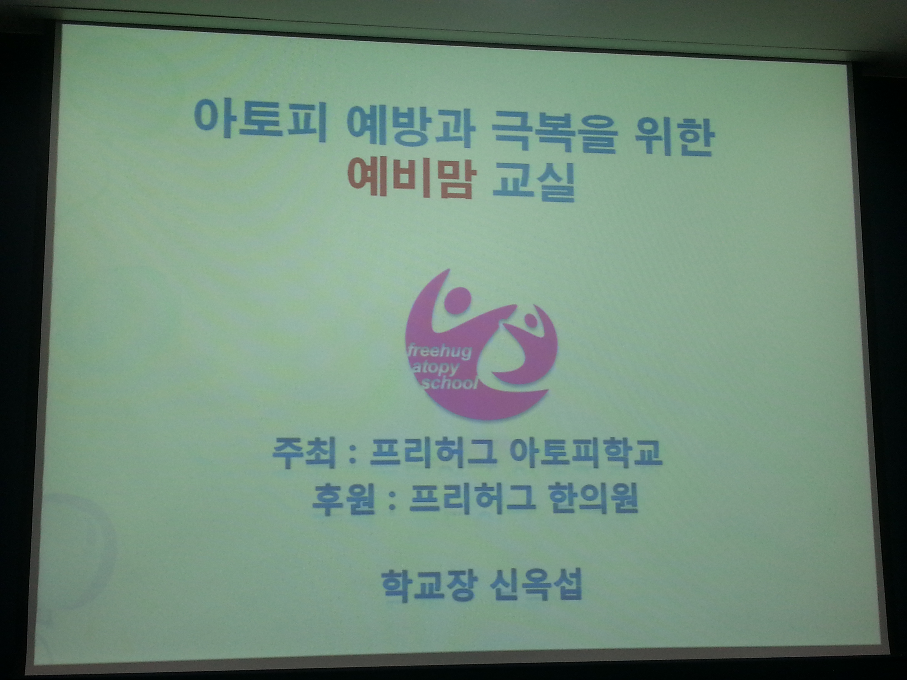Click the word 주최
pos(303,454)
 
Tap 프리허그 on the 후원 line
pos(472,499)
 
